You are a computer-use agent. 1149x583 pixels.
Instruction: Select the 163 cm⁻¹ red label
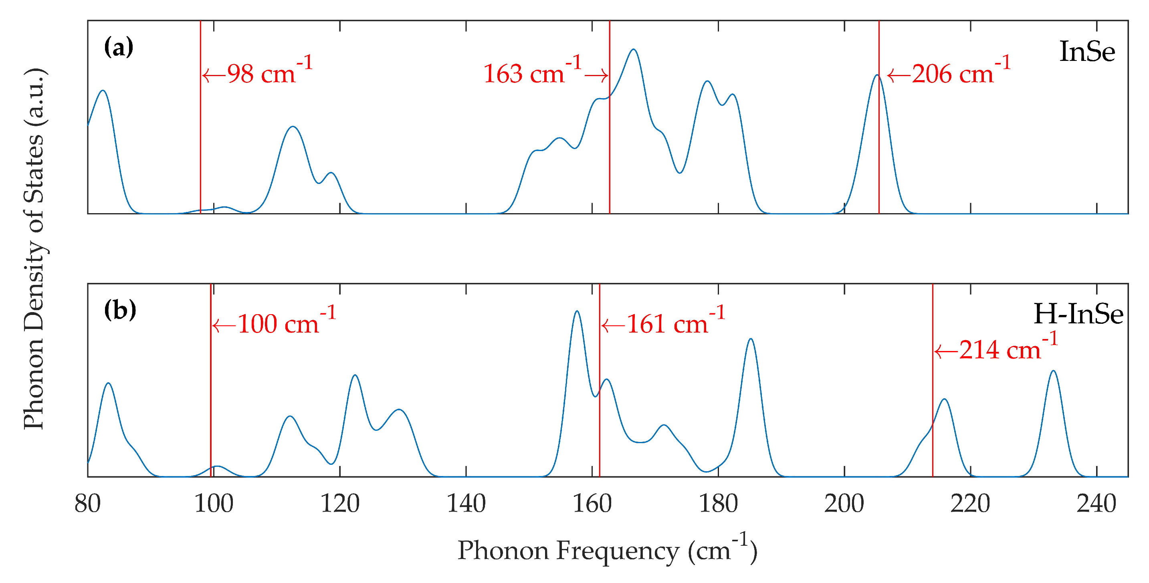pyautogui.click(x=533, y=72)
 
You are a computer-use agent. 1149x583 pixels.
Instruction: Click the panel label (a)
pyautogui.click(x=119, y=47)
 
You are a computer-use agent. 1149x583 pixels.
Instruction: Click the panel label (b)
pyautogui.click(x=119, y=310)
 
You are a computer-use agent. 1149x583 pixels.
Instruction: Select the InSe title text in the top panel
pyautogui.click(x=1086, y=52)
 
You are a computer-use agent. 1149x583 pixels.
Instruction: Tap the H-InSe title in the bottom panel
pyautogui.click(x=1078, y=314)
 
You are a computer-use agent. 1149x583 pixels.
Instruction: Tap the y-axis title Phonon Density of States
pyautogui.click(x=34, y=249)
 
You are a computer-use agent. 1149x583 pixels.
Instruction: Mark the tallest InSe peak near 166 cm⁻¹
pyautogui.click(x=633, y=50)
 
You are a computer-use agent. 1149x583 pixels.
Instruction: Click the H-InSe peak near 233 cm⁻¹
pyautogui.click(x=1053, y=371)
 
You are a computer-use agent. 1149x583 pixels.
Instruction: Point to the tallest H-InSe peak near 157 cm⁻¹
pyautogui.click(x=577, y=311)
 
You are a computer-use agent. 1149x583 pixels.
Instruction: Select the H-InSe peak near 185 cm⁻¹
pyautogui.click(x=751, y=339)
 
